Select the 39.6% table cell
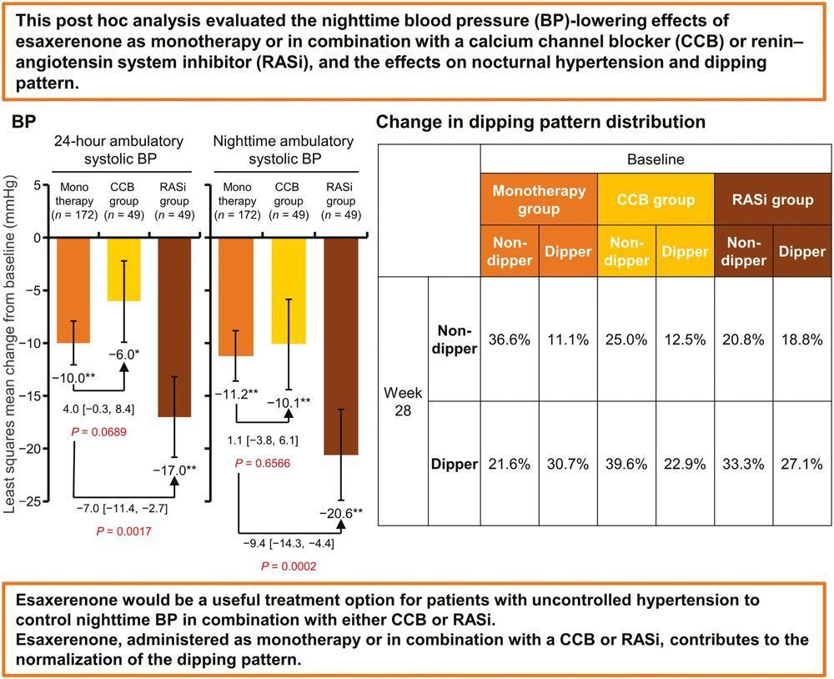[x=626, y=464]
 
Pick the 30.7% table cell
[x=568, y=464]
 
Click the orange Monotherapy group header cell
[x=539, y=199]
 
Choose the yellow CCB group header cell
[x=656, y=199]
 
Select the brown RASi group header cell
[x=772, y=199]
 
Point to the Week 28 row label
[x=403, y=401]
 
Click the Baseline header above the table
[x=655, y=158]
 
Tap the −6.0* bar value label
[x=125, y=354]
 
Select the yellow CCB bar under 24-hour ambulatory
[x=123, y=269]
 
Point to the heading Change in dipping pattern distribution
[x=540, y=122]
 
